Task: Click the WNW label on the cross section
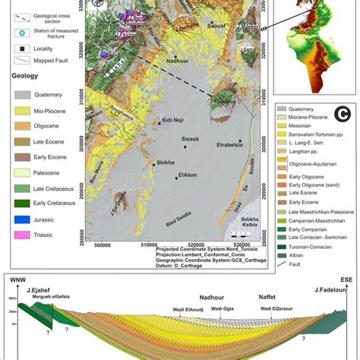(14, 279)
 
